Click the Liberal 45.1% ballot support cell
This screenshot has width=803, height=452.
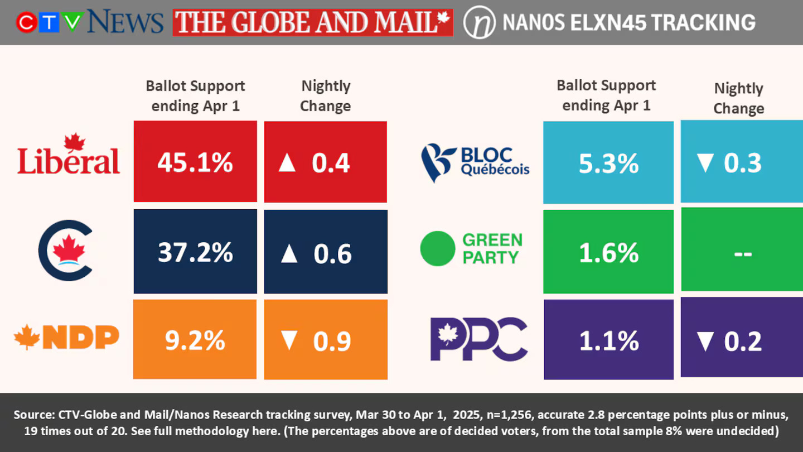pyautogui.click(x=195, y=162)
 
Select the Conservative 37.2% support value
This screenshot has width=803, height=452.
pyautogui.click(x=195, y=253)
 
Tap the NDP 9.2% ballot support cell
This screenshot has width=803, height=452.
pyautogui.click(x=195, y=340)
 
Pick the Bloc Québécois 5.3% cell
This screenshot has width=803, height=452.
pyautogui.click(x=608, y=163)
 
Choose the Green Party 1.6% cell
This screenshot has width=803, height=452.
pyautogui.click(x=608, y=253)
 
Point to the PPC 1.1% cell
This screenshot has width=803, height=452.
pyautogui.click(x=608, y=340)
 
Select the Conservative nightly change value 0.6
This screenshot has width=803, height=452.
pyautogui.click(x=332, y=253)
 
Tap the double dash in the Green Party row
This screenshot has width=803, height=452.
pyautogui.click(x=742, y=253)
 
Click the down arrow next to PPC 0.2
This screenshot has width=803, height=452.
pyautogui.click(x=705, y=341)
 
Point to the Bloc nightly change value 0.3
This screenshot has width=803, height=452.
pyautogui.click(x=743, y=163)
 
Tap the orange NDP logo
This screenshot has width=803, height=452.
pyautogui.click(x=66, y=337)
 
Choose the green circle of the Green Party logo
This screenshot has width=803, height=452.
pyautogui.click(x=438, y=248)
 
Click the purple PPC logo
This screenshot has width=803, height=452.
pyautogui.click(x=478, y=338)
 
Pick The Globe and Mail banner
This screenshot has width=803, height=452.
pyautogui.click(x=312, y=22)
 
